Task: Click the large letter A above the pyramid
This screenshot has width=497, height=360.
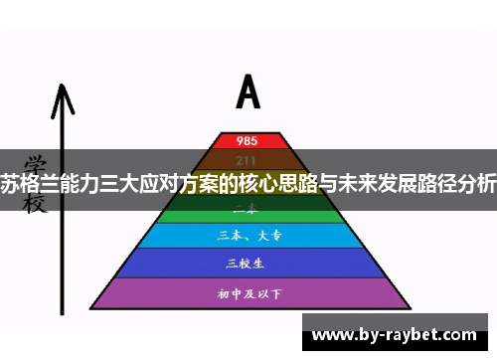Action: (x=248, y=91)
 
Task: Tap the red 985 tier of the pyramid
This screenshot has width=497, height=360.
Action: (x=248, y=140)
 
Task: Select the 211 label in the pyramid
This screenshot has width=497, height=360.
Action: (x=248, y=159)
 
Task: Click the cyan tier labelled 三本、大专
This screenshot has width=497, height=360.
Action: (x=248, y=236)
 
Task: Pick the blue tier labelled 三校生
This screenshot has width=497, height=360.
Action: (x=248, y=263)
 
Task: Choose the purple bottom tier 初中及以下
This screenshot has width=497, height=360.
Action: (x=248, y=293)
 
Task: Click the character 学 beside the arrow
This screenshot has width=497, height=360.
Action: (x=36, y=162)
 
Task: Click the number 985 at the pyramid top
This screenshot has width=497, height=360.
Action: (x=248, y=140)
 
